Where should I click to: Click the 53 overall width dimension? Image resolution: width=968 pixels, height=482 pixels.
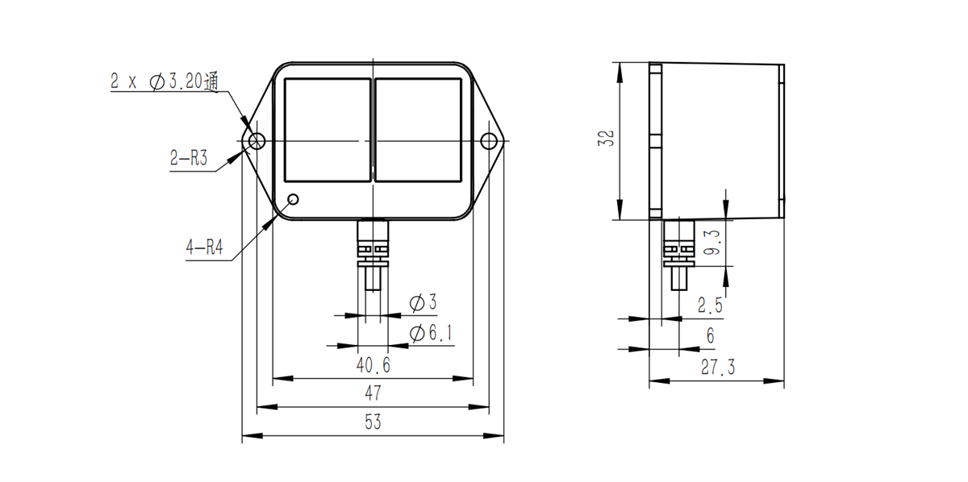tap(373, 422)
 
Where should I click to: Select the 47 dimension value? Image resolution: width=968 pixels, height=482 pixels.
tap(373, 393)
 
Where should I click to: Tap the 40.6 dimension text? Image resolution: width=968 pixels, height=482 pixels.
tap(373, 365)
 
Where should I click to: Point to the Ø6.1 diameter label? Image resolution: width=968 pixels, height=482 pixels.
tap(431, 334)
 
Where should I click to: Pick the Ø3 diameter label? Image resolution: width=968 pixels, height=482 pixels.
tap(423, 302)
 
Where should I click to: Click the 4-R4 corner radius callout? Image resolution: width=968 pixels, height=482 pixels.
tap(204, 248)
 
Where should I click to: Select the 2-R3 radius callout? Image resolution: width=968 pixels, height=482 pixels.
tap(189, 158)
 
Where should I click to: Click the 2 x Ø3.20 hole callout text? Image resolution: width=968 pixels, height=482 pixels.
tap(165, 81)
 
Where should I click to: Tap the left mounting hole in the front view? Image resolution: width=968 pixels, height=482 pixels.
tap(257, 141)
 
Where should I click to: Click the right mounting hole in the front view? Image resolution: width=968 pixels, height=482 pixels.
tap(489, 141)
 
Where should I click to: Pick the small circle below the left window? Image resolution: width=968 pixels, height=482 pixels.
tap(293, 199)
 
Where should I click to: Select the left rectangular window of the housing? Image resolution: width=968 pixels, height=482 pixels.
tap(328, 130)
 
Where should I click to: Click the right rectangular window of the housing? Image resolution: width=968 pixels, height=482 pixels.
tap(419, 130)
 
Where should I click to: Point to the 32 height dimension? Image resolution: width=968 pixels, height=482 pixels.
tap(607, 138)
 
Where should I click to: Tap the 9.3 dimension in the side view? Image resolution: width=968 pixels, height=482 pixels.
tap(712, 243)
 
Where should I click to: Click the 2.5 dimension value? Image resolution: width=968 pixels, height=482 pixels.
tap(710, 305)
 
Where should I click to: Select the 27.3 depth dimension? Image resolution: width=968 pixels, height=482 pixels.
tap(718, 367)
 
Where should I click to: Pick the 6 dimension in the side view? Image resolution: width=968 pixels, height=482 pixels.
tap(711, 335)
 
